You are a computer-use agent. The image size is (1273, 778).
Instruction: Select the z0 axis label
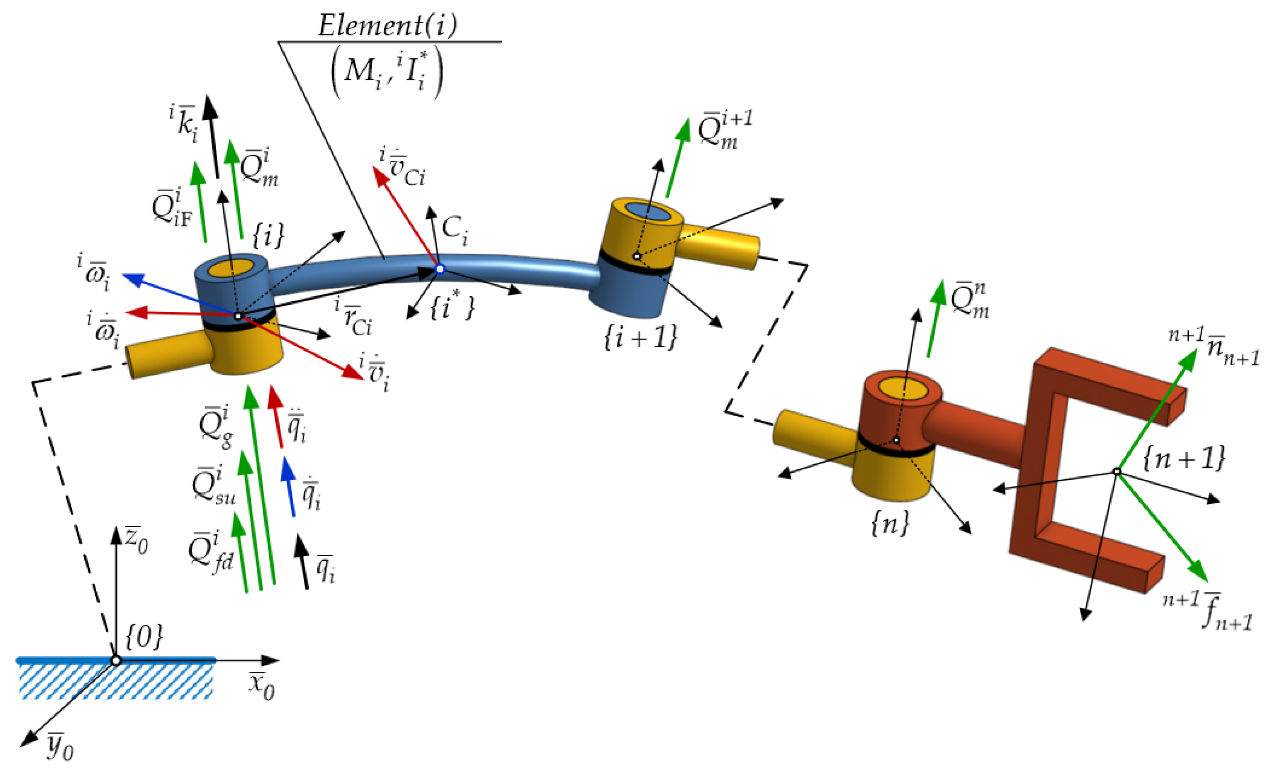click(136, 541)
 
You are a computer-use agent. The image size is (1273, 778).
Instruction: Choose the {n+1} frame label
click(1183, 458)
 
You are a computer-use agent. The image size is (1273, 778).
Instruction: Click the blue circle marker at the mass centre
click(439, 269)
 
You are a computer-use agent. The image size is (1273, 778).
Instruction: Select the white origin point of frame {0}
click(116, 661)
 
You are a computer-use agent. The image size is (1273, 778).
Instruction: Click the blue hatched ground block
click(116, 680)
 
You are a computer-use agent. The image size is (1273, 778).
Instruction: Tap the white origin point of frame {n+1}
click(1117, 471)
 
